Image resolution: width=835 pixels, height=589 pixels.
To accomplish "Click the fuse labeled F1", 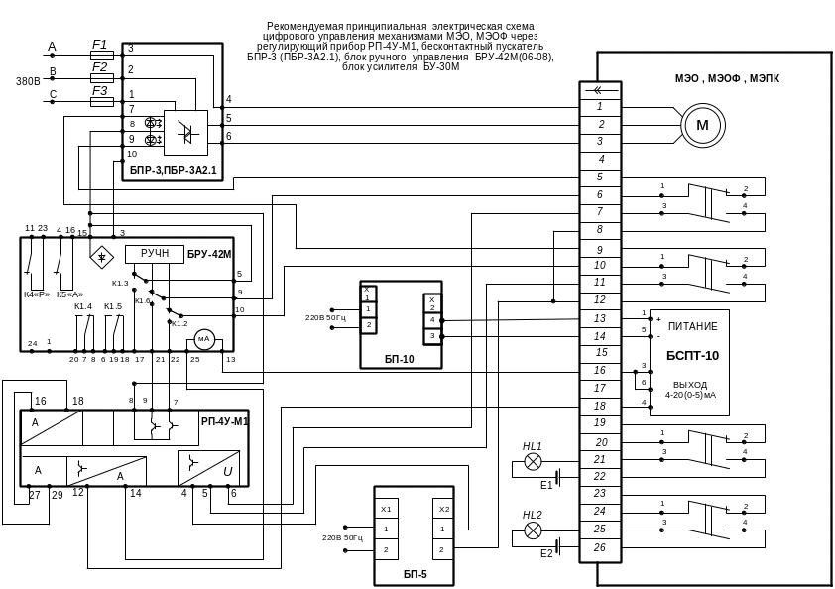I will [99, 48].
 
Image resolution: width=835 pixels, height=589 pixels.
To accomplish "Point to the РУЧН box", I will [154, 255].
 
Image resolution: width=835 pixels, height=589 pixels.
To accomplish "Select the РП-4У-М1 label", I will [223, 421].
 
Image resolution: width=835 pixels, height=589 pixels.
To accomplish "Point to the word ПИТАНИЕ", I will [692, 326].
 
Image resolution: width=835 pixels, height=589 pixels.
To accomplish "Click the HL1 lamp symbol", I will [534, 462].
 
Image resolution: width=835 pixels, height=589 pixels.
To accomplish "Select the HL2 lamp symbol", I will [534, 530].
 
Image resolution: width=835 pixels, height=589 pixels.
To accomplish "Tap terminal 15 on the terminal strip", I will [600, 352].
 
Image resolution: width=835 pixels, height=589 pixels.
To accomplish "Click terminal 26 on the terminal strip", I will [600, 545].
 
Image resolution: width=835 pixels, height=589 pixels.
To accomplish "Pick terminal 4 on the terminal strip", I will [600, 159].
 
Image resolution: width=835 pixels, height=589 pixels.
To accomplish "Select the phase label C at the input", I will [53, 94].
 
